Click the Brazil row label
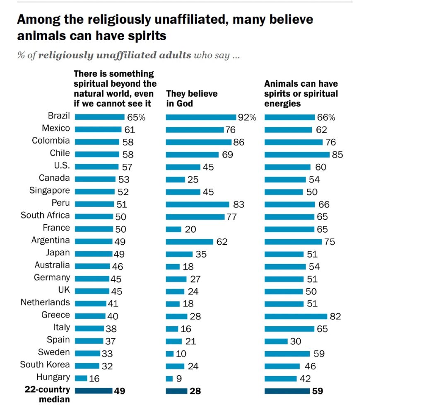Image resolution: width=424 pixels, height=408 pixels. click(x=59, y=116)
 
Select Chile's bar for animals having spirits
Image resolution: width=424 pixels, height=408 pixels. click(x=297, y=155)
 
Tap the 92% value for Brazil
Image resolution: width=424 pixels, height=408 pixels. click(x=247, y=117)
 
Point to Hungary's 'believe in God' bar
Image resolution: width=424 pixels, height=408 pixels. click(x=169, y=379)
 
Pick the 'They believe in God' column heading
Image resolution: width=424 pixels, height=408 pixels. click(x=192, y=98)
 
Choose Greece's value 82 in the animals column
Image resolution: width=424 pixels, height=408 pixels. click(x=335, y=316)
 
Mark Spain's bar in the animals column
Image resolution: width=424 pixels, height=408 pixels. click(x=276, y=341)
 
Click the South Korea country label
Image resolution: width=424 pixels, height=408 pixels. click(x=45, y=365)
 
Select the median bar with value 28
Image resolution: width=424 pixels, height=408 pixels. click(x=176, y=391)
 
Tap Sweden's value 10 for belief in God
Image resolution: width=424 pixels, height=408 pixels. click(x=181, y=354)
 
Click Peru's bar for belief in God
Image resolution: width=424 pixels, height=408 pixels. click(x=198, y=204)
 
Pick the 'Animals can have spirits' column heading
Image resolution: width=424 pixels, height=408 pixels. click(x=301, y=93)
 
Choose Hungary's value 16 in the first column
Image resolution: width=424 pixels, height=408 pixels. click(x=94, y=379)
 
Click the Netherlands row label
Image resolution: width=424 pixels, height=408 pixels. click(x=45, y=303)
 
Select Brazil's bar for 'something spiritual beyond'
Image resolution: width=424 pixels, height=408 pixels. click(x=99, y=117)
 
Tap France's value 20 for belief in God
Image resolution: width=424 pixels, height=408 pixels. click(x=190, y=229)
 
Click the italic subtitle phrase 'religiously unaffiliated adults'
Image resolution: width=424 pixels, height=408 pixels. click(x=115, y=55)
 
